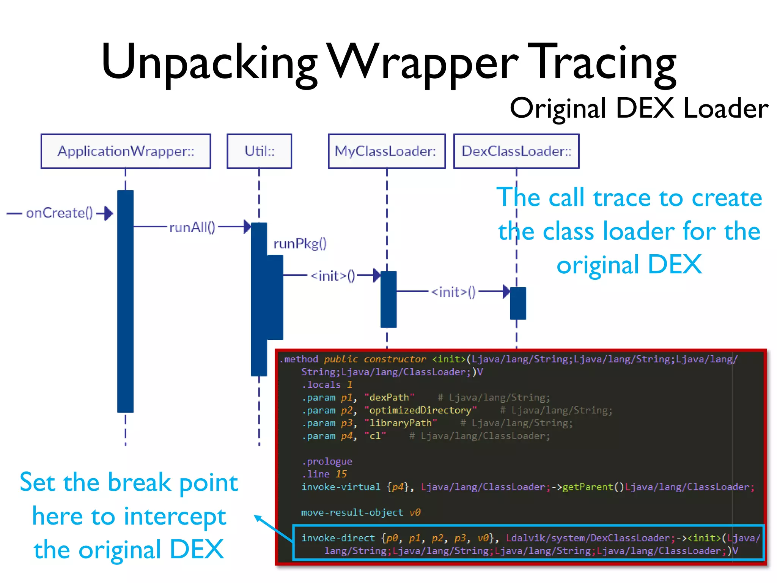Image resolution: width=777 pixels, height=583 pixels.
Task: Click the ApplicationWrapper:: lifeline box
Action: click(x=126, y=151)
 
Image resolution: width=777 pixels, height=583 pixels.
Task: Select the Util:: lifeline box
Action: click(x=259, y=151)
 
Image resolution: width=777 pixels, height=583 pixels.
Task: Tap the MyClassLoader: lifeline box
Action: click(x=386, y=151)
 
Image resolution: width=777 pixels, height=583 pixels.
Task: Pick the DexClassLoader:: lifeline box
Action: click(x=516, y=151)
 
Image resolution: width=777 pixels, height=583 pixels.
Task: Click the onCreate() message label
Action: click(x=59, y=213)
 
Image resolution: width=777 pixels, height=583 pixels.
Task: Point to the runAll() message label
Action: click(x=192, y=227)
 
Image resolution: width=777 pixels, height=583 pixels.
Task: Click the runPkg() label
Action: click(x=300, y=243)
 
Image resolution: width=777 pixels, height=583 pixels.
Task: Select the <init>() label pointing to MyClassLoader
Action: click(x=333, y=276)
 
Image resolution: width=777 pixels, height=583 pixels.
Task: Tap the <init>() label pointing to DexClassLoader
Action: click(x=453, y=292)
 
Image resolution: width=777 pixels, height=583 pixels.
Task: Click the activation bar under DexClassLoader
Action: click(x=517, y=303)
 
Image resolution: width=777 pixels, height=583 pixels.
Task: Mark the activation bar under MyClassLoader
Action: click(x=388, y=299)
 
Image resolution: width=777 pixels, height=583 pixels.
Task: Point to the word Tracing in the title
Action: click(x=606, y=63)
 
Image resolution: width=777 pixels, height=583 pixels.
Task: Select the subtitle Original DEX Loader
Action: click(x=639, y=109)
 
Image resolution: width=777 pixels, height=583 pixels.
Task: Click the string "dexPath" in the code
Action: click(x=389, y=397)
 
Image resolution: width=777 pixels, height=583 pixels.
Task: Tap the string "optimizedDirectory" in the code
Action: click(x=420, y=410)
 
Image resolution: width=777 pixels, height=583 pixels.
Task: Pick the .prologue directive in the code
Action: click(x=327, y=462)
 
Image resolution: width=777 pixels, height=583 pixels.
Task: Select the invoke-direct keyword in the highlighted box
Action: click(x=338, y=538)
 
